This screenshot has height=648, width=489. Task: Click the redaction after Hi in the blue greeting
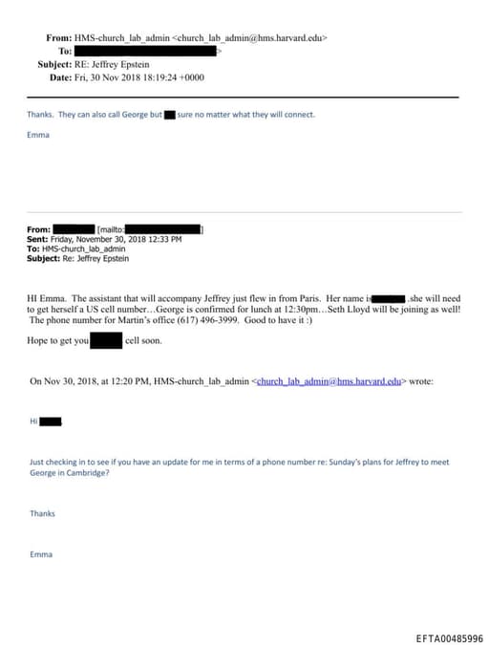click(52, 421)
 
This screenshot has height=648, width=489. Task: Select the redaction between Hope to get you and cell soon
click(106, 340)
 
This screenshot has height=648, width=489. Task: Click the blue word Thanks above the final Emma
click(42, 513)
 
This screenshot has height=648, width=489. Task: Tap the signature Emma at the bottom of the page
click(41, 554)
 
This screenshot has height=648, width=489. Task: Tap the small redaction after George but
click(169, 115)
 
